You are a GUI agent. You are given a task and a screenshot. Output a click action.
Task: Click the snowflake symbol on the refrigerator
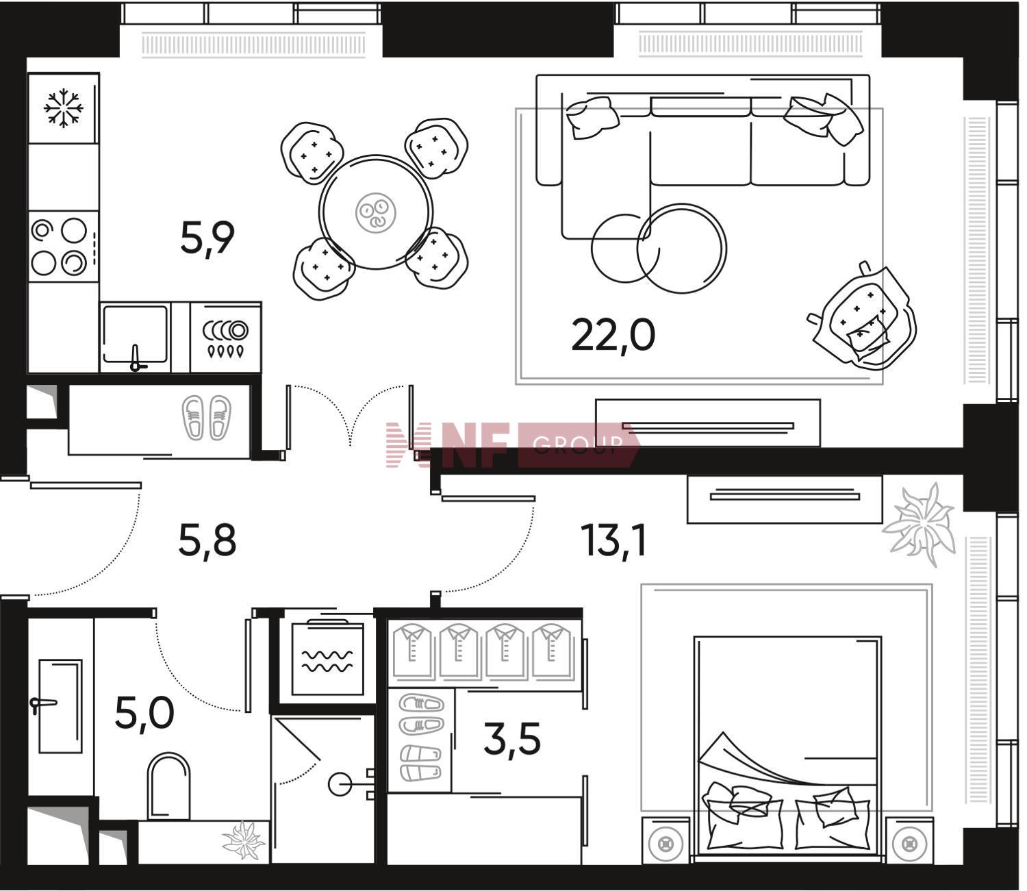[x=63, y=108]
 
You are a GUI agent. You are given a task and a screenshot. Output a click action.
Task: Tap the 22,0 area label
[x=613, y=336]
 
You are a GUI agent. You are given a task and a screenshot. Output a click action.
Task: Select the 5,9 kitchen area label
[x=207, y=238]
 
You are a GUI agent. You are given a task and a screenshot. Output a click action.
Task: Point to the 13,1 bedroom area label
[x=613, y=540]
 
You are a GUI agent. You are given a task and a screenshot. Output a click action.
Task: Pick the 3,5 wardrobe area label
[x=512, y=738]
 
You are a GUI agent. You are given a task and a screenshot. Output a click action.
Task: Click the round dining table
[x=375, y=212]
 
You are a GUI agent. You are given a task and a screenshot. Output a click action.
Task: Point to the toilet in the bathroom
[x=168, y=786]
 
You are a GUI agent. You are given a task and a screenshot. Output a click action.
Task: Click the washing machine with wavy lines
[x=327, y=658]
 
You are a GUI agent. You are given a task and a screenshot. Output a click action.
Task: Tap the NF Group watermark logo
[x=512, y=444]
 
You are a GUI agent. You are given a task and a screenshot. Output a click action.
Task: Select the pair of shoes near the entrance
[x=206, y=418]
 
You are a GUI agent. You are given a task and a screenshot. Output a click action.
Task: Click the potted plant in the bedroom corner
[x=919, y=525]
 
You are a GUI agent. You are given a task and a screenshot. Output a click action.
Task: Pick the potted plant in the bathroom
[x=244, y=840]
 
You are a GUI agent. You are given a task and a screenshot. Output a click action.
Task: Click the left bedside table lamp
[x=665, y=845]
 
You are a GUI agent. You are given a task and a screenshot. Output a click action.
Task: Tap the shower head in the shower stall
[x=340, y=784]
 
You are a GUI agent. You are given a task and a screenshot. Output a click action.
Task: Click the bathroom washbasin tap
[x=42, y=703]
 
